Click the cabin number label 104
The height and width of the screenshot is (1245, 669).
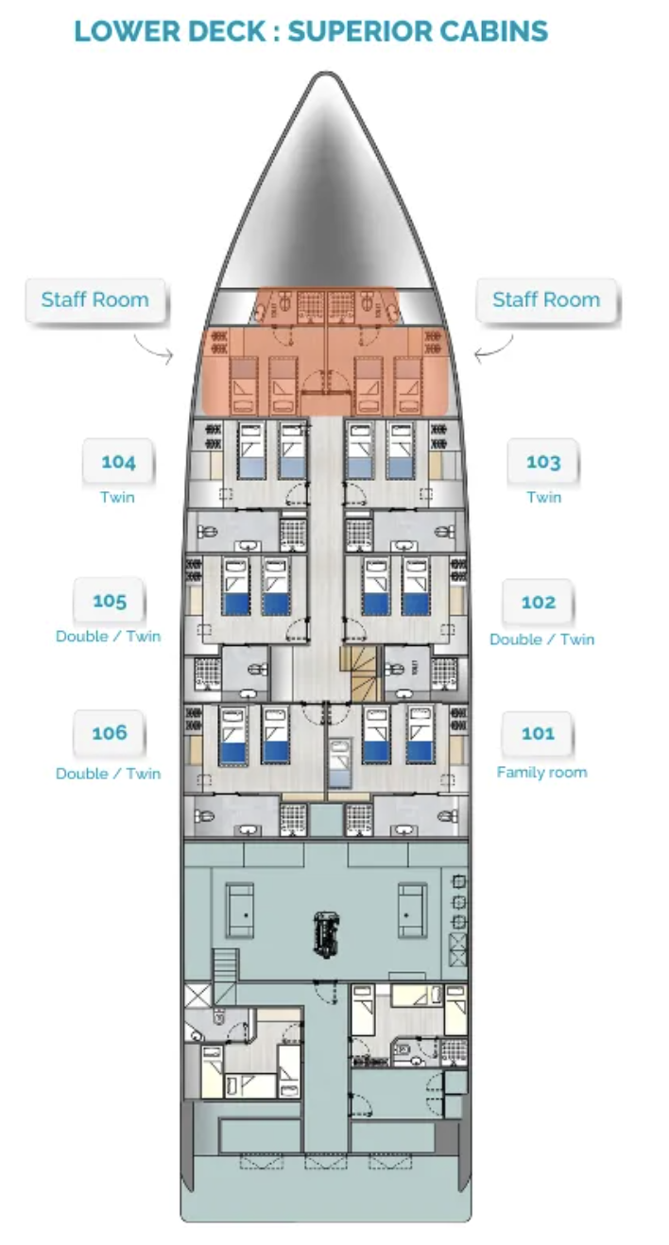[x=118, y=461]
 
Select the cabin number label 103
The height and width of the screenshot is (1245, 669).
[x=543, y=461]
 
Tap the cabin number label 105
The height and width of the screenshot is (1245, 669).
[x=110, y=600]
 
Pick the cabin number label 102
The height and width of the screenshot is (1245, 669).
[x=539, y=602]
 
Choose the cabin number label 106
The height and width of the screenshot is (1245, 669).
[x=110, y=733]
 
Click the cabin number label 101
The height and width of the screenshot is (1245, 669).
[x=538, y=734]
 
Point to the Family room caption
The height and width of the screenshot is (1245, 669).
[x=541, y=772]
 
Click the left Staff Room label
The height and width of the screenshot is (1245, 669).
[x=95, y=299]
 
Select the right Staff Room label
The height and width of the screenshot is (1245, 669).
[x=546, y=299]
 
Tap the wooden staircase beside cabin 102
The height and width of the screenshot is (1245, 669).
[x=360, y=674]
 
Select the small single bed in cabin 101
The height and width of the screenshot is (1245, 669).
[x=340, y=762]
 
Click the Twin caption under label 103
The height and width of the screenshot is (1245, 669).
[x=544, y=497]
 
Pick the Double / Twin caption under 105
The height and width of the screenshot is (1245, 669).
[x=109, y=636]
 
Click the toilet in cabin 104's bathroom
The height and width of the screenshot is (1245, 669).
[x=206, y=532]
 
